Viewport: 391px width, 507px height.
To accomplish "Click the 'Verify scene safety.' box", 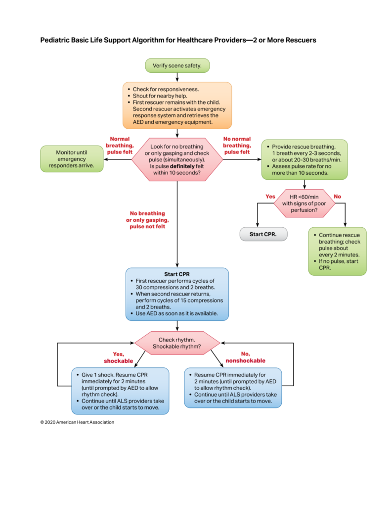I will [177, 65].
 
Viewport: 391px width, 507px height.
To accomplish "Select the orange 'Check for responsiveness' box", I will [177, 105].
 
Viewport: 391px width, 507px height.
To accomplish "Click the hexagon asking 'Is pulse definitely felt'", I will [177, 160].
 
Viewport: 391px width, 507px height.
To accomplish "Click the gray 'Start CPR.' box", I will [263, 234].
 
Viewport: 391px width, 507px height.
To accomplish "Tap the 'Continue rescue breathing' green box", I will [337, 251].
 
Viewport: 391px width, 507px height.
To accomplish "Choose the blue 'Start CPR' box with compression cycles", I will [177, 294].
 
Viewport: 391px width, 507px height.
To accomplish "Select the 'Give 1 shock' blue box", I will [120, 391].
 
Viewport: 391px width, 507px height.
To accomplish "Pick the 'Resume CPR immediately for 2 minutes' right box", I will [233, 388].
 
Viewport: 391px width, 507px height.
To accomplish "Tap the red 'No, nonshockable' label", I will [245, 357].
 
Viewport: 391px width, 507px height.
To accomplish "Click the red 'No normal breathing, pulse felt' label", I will [237, 146].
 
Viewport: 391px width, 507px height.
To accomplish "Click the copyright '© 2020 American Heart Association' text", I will [77, 422].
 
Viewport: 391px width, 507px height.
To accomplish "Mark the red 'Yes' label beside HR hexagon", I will [270, 196].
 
